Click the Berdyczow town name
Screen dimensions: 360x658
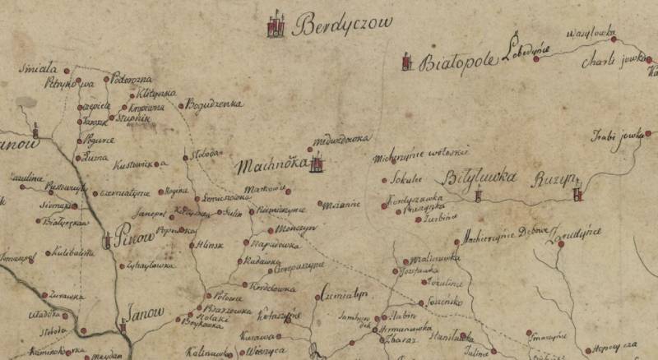345,23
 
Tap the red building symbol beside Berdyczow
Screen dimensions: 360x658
276,25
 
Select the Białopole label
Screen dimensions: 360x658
458,62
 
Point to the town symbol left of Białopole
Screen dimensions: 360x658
405,62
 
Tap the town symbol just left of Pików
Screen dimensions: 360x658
108,240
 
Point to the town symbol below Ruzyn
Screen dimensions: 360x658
578,194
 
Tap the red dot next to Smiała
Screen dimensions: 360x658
67,71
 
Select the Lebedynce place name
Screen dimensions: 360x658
529,51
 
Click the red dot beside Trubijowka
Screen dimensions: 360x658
648,133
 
